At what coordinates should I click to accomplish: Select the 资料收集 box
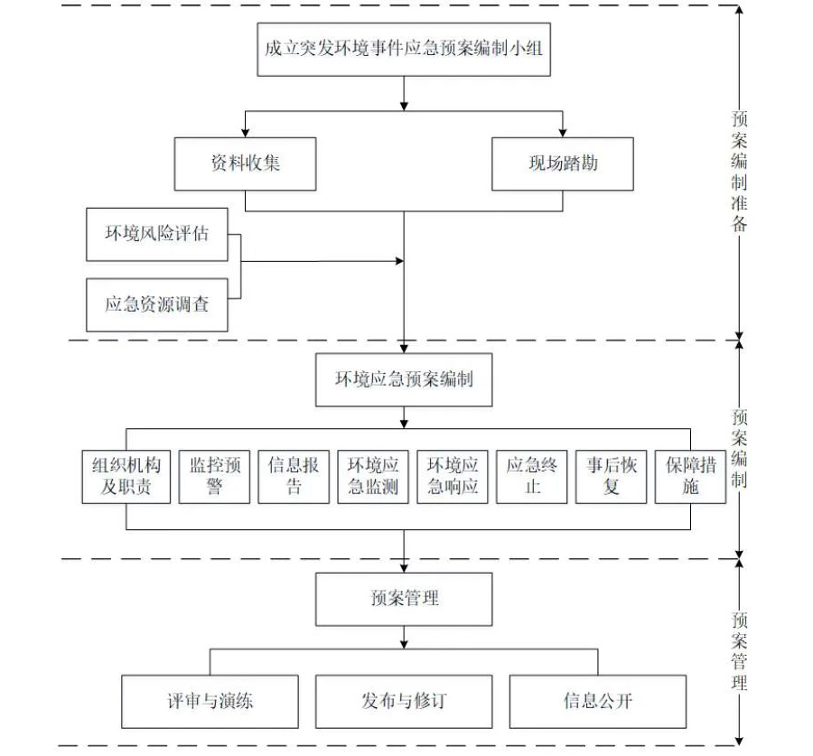245,163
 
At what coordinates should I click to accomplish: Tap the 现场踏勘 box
562,163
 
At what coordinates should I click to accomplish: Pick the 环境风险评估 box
156,234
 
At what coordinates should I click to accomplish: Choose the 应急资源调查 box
156,305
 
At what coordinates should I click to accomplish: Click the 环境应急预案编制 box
404,379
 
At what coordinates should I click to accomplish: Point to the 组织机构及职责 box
126,477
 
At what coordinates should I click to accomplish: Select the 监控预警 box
214,477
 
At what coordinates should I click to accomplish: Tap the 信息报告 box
294,477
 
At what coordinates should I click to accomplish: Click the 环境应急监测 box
373,477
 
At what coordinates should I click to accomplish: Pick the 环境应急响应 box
453,477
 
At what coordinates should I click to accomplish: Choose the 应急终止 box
532,477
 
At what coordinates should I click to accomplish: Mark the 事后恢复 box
612,477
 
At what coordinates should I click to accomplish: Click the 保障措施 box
690,477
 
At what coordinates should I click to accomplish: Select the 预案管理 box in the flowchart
404,599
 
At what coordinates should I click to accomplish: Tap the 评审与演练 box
210,702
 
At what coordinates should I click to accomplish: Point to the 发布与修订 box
404,702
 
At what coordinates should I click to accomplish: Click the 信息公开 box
597,702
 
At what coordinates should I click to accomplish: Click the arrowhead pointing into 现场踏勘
562,132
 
